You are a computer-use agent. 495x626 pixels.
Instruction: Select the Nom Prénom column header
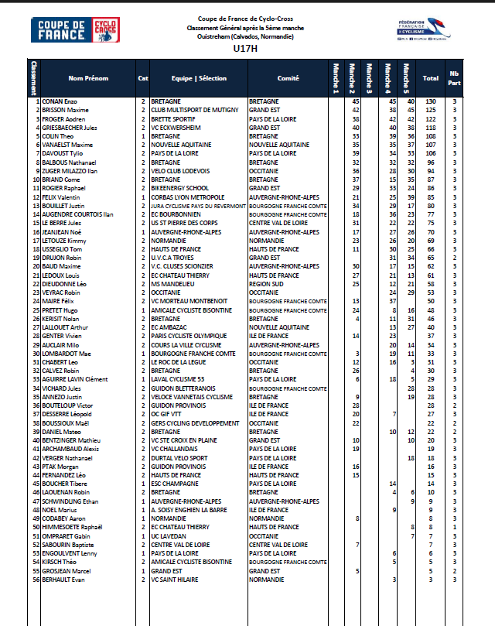[88, 78]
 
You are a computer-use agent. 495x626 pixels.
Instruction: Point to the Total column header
[431, 78]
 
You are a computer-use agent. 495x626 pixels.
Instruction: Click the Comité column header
[288, 78]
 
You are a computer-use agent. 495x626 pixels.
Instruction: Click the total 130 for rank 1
[431, 101]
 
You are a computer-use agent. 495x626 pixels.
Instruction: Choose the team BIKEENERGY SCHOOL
[179, 188]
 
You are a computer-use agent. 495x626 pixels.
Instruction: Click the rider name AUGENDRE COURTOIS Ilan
[78, 214]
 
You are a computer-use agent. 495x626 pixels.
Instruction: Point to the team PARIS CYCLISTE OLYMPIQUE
[189, 336]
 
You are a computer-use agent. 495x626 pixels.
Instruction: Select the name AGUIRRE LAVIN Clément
[75, 379]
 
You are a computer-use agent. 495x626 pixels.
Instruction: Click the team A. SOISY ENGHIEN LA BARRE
[189, 510]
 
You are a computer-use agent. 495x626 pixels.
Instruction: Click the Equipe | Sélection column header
[200, 78]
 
